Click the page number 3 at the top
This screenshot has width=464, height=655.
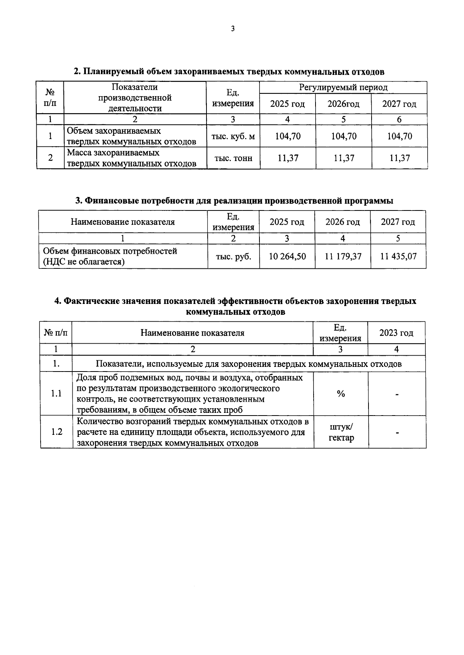(232, 29)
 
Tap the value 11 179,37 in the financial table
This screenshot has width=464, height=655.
(343, 256)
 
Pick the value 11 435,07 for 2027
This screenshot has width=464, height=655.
(398, 256)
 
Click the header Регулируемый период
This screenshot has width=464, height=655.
(343, 88)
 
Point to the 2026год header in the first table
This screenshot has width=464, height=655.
(343, 104)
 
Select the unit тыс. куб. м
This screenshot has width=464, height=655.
(233, 136)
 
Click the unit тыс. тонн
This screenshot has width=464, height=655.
(233, 158)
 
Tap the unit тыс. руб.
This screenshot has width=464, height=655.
(233, 256)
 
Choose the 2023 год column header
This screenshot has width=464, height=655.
(396, 333)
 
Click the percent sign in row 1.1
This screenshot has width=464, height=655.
(341, 394)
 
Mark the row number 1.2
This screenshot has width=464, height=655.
(56, 432)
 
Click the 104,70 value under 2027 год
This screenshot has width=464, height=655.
(399, 136)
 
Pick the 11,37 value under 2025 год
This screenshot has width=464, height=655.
(288, 158)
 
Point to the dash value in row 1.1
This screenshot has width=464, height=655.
(397, 394)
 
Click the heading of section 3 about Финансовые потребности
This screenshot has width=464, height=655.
(234, 201)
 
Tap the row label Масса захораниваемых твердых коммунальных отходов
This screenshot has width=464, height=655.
(131, 158)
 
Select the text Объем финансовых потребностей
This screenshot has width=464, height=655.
(110, 251)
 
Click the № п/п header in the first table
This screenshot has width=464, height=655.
(50, 97)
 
